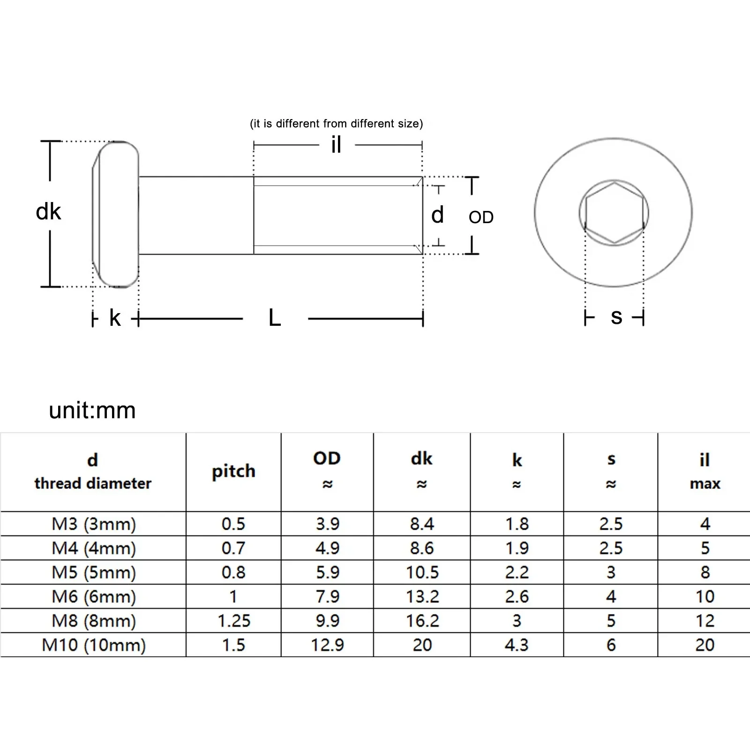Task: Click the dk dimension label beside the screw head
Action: click(x=48, y=212)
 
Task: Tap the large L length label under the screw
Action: click(x=275, y=318)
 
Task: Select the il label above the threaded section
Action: click(x=336, y=145)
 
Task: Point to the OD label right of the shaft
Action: click(x=481, y=217)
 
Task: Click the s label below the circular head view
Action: click(x=616, y=317)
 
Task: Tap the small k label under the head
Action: click(x=115, y=318)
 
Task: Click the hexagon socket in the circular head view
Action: click(x=614, y=213)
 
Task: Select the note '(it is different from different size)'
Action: click(x=336, y=124)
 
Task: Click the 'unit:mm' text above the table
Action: click(x=92, y=411)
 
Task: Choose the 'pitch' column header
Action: click(x=233, y=471)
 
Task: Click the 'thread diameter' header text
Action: click(x=93, y=483)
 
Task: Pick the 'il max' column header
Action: click(x=705, y=471)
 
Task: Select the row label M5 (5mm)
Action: click(x=94, y=572)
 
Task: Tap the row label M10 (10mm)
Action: click(x=94, y=645)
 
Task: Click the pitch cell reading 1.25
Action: click(x=233, y=621)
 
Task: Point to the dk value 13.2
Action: click(x=422, y=597)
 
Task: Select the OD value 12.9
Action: click(x=327, y=645)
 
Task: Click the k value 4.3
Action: click(x=517, y=645)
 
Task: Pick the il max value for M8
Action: click(x=705, y=621)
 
